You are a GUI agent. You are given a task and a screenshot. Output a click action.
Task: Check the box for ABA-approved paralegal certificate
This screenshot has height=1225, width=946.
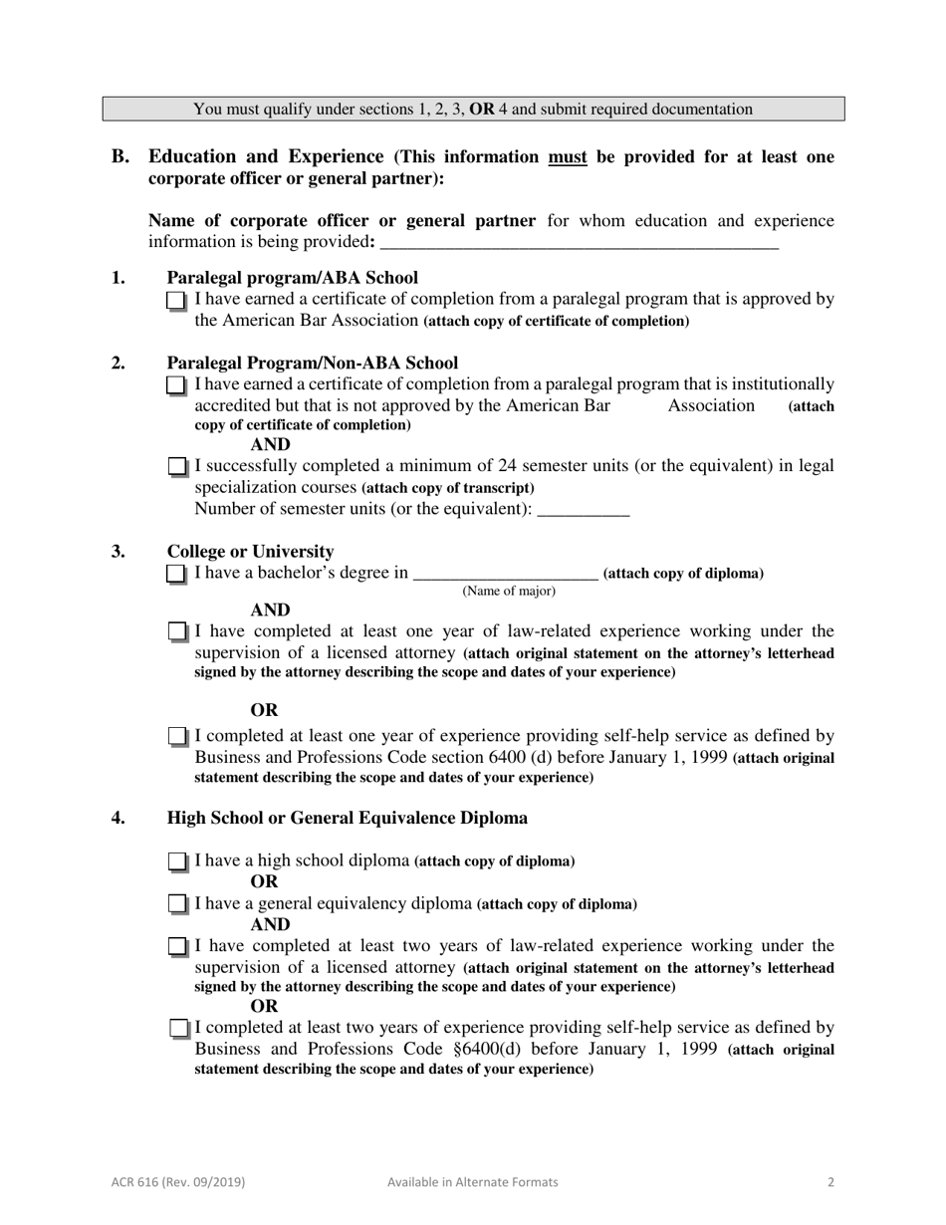coord(176,300)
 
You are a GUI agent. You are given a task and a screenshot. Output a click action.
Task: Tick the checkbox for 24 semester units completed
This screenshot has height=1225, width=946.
coord(176,466)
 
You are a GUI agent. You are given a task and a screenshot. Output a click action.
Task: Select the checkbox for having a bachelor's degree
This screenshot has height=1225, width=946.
coord(176,574)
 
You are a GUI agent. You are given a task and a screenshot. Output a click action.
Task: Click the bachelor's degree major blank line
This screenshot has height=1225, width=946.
coord(505,575)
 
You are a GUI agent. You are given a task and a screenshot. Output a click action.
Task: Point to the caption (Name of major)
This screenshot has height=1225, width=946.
coord(508,592)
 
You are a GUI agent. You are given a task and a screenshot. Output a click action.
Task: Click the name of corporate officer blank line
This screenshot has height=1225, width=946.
coord(579,244)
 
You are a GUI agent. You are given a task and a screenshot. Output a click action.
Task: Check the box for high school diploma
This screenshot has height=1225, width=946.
coord(176,860)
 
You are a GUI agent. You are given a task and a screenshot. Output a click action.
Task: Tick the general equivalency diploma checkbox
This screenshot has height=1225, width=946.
coord(176,904)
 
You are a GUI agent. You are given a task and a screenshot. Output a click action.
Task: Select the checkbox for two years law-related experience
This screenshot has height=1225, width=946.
coord(176,946)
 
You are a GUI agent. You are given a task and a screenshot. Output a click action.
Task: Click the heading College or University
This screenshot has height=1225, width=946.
coord(250,552)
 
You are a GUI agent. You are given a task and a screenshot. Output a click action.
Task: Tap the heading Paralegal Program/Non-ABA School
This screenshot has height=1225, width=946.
coord(312,363)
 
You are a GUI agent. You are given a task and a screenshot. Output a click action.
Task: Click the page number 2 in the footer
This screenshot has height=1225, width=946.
coord(830,1182)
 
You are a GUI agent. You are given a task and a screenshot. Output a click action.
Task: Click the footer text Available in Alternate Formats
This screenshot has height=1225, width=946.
coord(472,1182)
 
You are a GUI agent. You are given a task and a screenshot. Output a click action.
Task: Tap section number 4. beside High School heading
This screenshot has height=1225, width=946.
coord(118,818)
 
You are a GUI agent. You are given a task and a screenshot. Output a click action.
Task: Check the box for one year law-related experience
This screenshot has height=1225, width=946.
coord(176,631)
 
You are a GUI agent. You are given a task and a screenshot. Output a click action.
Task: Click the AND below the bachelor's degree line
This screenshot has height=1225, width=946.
coord(270,611)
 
